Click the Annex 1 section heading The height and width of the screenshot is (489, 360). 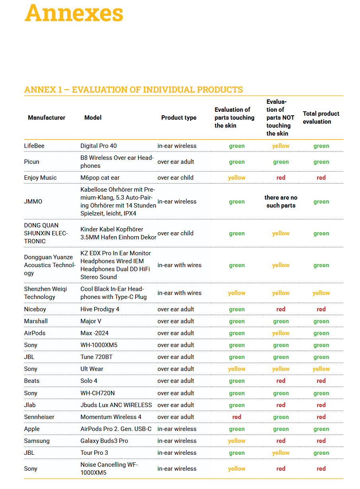coord(134,89)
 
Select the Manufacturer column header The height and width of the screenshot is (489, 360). coord(47,117)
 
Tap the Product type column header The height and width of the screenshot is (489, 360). coord(179,117)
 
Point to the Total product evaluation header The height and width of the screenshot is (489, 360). coord(321,117)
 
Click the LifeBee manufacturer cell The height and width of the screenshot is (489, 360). coord(34,146)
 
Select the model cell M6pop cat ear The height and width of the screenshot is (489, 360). coord(100,177)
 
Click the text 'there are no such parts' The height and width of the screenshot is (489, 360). coord(281,201)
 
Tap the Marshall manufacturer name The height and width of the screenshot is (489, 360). coord(36,321)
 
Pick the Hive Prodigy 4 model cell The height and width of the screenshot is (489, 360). coord(100,309)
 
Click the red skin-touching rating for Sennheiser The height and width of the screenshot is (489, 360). coord(237,417)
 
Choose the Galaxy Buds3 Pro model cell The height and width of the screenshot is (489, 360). coord(104,440)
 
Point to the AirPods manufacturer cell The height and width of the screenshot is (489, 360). coord(35,333)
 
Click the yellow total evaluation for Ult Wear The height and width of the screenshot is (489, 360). coord(321,369)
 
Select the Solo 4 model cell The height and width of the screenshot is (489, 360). coord(89,380)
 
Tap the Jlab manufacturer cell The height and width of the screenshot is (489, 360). coord(30,405)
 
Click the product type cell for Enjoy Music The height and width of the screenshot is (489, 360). coord(175,177)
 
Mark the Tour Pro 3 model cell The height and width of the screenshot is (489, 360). coord(94,452)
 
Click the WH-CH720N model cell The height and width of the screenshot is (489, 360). coord(97,393)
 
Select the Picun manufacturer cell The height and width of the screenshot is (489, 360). coord(32,161)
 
